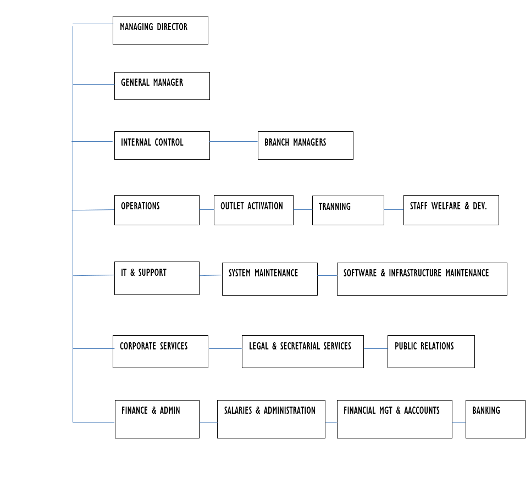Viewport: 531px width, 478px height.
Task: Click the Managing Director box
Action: tap(161, 30)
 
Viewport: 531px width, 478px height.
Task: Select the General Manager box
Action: tap(162, 86)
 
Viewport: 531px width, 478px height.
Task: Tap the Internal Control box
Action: tap(162, 146)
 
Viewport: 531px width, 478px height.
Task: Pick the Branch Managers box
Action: tap(306, 146)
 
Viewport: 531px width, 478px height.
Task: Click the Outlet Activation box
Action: tap(253, 210)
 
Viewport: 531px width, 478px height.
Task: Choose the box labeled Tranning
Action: tap(348, 210)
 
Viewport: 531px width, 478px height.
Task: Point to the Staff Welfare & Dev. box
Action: tap(451, 210)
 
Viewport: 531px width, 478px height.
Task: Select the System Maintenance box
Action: tap(270, 279)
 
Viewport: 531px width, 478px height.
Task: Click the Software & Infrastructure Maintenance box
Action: tap(422, 279)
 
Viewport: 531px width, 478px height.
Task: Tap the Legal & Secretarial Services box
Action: tap(303, 352)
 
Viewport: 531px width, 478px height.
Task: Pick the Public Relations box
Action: tap(431, 352)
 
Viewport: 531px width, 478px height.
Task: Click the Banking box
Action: tap(495, 419)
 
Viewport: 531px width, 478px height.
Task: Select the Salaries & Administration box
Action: tap(271, 419)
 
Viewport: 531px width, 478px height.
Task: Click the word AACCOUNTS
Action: tap(422, 410)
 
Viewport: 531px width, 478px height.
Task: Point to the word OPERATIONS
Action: tap(140, 206)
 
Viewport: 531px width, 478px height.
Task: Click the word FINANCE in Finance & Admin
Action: tap(135, 410)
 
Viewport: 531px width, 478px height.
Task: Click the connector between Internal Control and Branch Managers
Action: tap(234, 142)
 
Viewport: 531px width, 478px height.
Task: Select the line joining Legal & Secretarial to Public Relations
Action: tap(375, 348)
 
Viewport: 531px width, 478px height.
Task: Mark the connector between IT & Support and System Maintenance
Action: tap(211, 275)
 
